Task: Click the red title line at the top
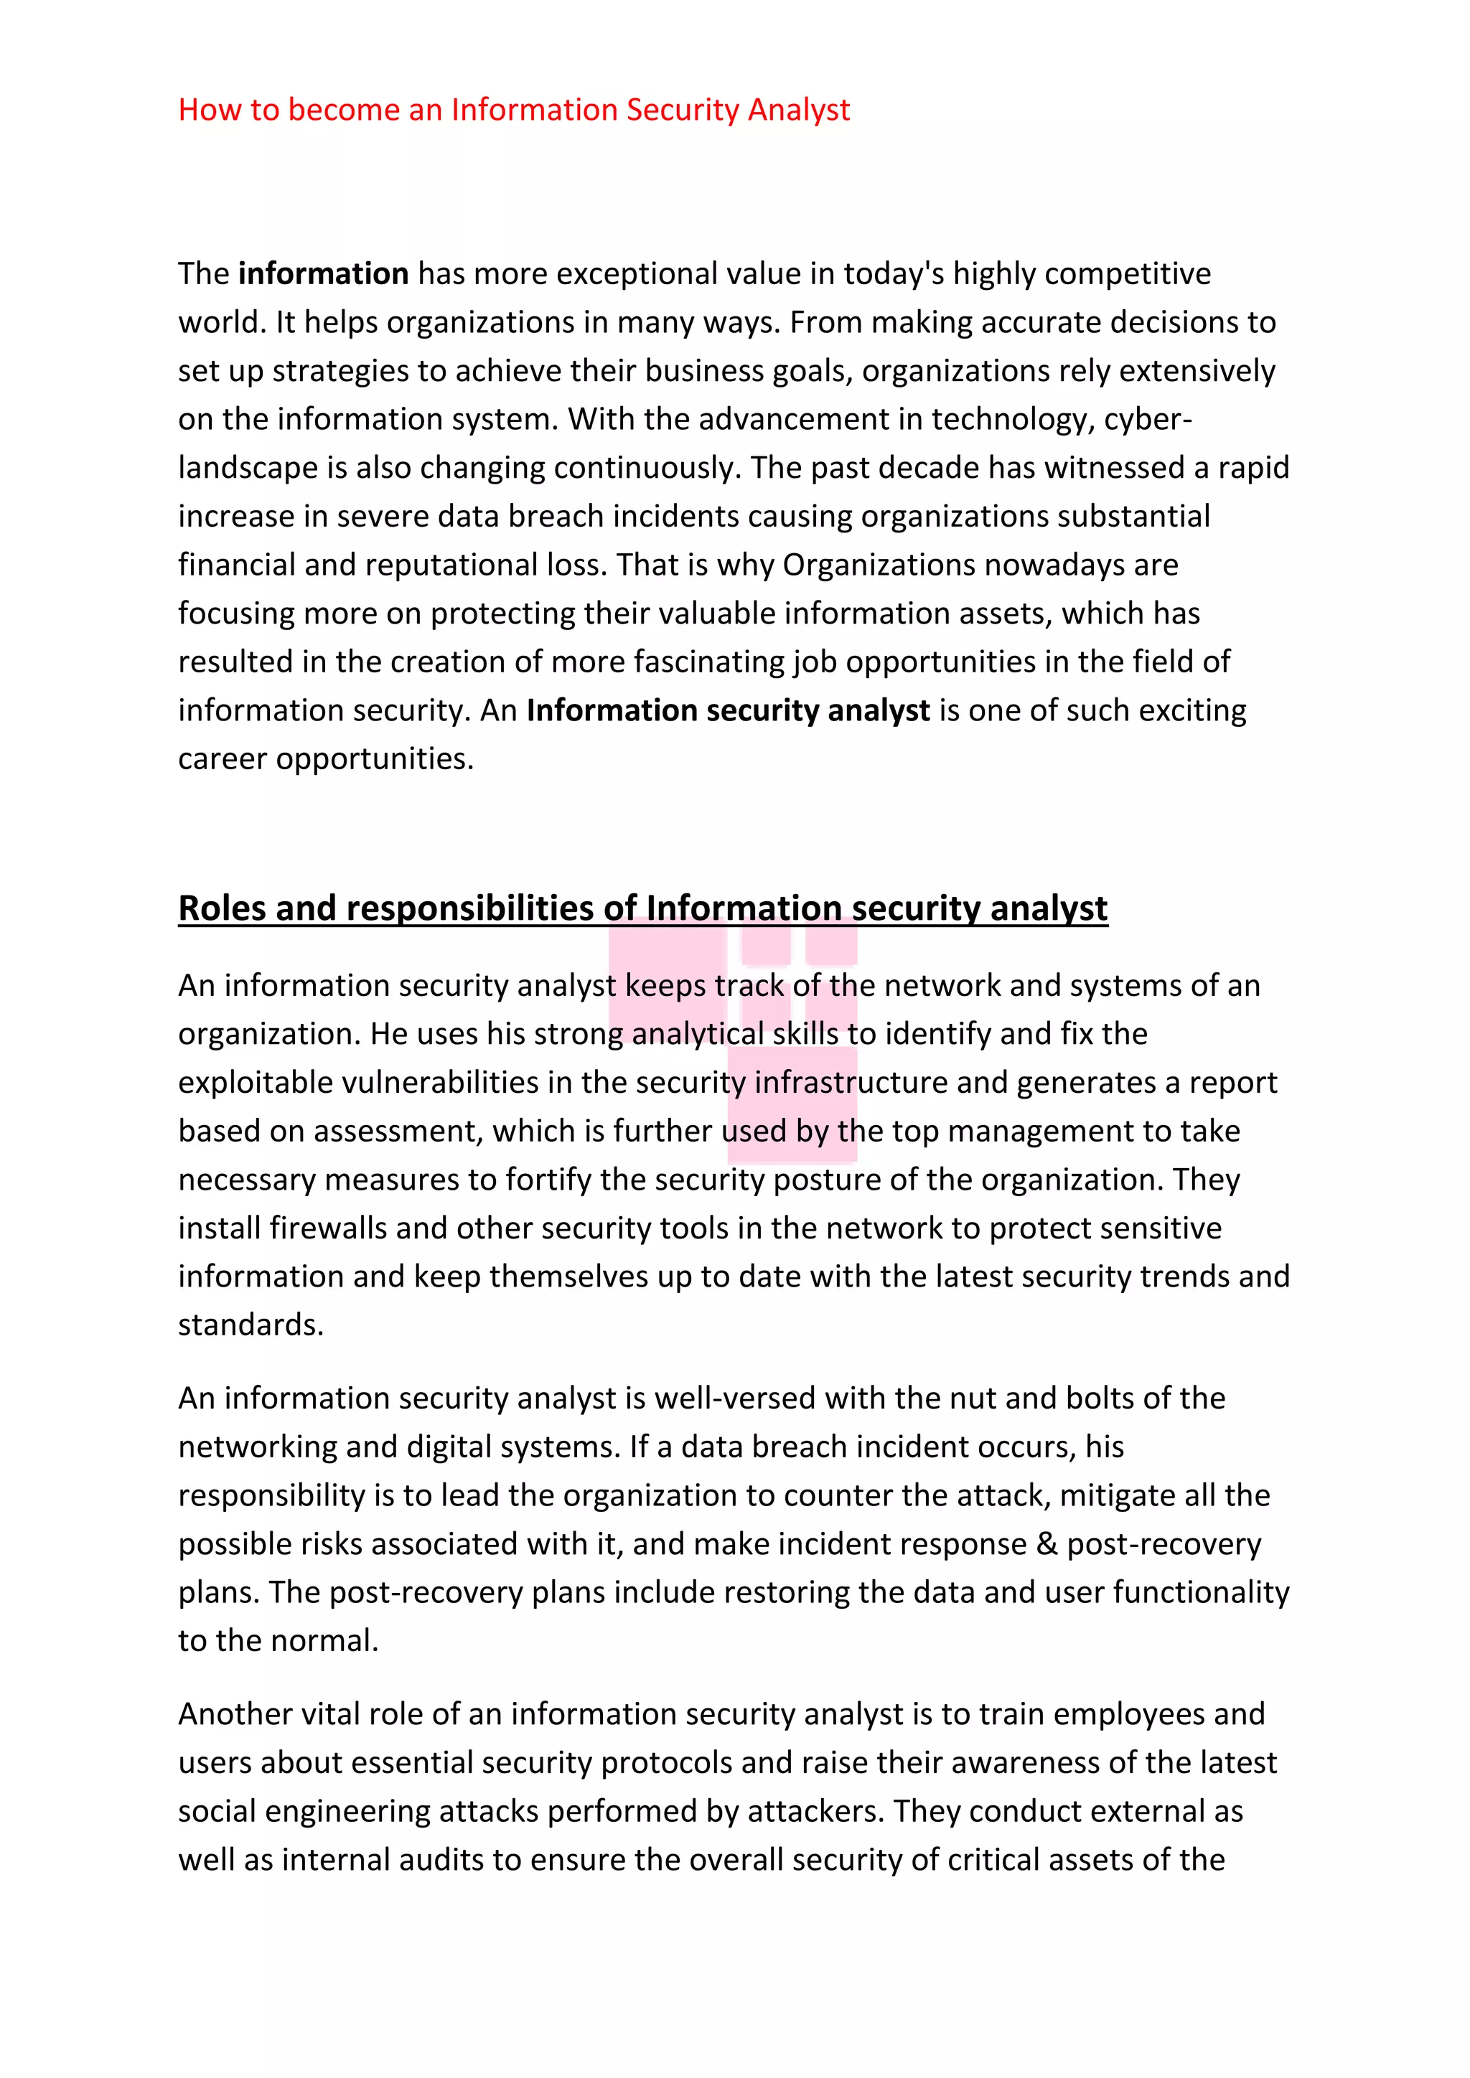513,110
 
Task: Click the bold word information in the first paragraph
323,273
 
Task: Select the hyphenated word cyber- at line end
1148,419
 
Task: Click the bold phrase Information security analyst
728,710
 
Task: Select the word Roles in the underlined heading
222,908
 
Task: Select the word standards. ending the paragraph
251,1325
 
